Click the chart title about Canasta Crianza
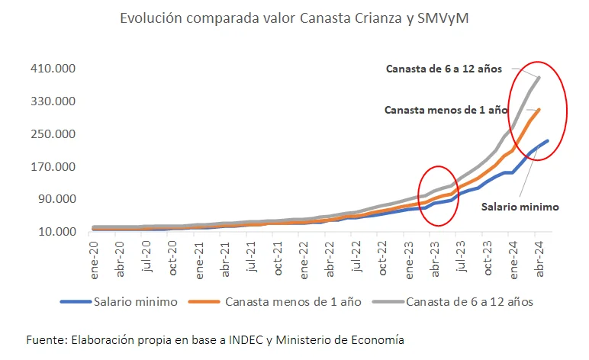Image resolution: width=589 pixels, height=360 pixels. tap(294, 18)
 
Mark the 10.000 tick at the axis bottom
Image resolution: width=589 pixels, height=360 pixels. tap(54, 232)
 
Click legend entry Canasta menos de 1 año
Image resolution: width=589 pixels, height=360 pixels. tap(285, 301)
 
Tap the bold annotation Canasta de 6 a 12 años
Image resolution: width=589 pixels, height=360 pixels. tap(443, 69)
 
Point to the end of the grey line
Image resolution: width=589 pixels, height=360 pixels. tap(539, 77)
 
